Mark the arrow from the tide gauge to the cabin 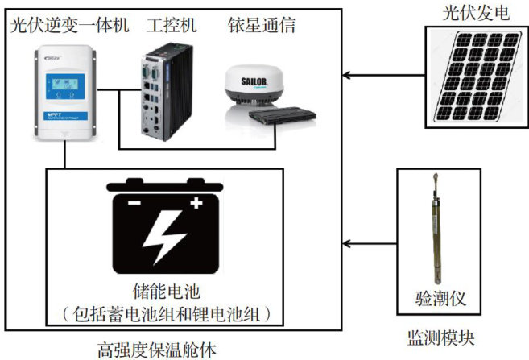(x=370, y=242)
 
